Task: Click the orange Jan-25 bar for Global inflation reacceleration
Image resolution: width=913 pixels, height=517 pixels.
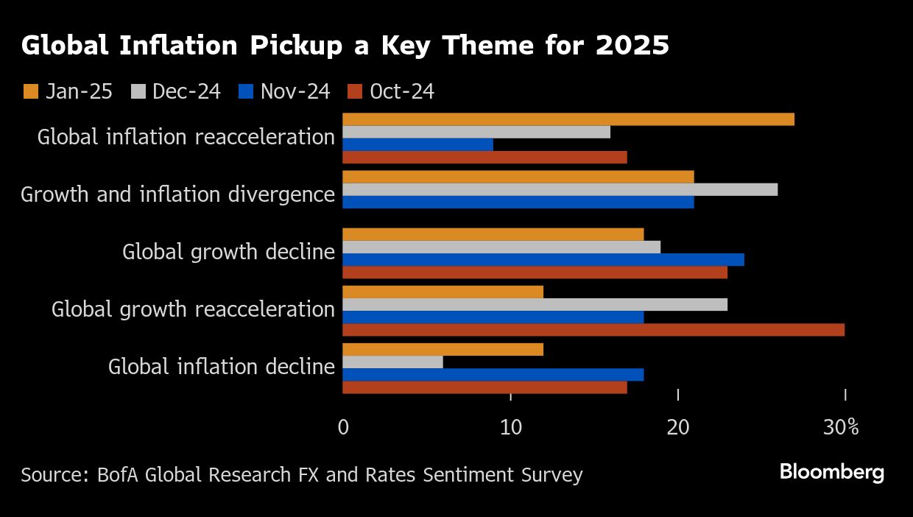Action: point(568,119)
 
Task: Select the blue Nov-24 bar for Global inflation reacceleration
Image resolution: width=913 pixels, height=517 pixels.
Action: point(417,144)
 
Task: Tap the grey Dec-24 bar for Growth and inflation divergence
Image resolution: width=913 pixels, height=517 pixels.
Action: point(560,189)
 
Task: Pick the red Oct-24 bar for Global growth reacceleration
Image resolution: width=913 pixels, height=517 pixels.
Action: point(593,329)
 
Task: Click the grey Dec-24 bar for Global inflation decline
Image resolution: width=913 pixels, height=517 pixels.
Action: point(392,362)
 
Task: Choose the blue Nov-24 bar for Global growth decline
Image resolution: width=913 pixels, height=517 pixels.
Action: point(543,259)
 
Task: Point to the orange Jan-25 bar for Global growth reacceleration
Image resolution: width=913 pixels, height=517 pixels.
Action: point(443,292)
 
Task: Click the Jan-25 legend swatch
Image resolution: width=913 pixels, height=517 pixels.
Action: point(31,91)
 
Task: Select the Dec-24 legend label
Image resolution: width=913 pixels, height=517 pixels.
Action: point(186,91)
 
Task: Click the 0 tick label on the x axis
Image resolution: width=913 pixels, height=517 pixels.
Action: point(343,427)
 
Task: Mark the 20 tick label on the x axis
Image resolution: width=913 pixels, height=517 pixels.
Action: point(678,427)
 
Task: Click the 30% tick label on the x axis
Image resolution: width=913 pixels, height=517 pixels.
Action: point(842,427)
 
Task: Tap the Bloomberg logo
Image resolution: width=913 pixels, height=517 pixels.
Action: point(831,472)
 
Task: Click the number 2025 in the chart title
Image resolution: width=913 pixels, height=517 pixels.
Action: point(632,46)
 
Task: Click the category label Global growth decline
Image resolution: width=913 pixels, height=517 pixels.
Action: point(228,252)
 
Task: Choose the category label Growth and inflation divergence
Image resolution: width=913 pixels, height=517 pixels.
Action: point(177,194)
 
